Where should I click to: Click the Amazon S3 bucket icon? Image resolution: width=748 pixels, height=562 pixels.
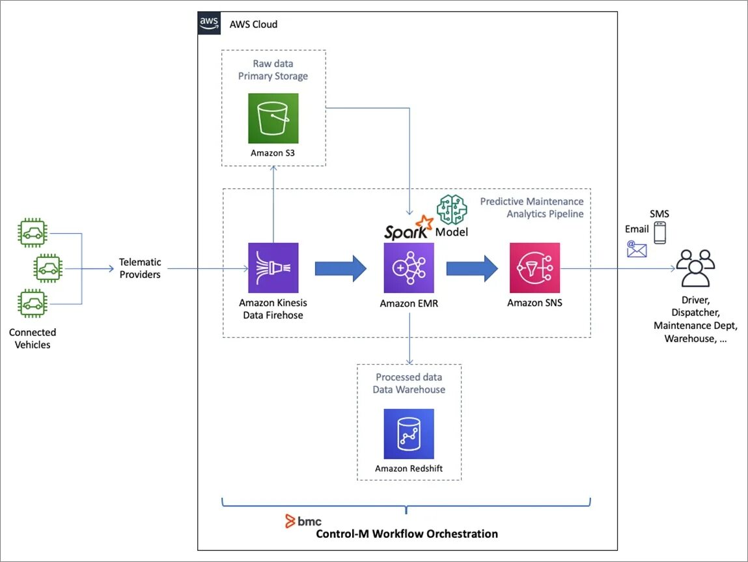(x=273, y=119)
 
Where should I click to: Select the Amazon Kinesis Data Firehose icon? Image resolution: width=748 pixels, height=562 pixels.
(x=273, y=268)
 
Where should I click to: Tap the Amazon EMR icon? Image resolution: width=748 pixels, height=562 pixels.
(x=409, y=268)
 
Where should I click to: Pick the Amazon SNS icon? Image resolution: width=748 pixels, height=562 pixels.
(x=534, y=268)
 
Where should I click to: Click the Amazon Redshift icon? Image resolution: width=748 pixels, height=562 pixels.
(x=409, y=434)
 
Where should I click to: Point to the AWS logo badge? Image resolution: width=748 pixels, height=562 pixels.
(x=209, y=23)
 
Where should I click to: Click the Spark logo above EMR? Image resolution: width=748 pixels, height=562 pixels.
(x=409, y=228)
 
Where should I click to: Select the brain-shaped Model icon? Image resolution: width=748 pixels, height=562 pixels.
(x=452, y=210)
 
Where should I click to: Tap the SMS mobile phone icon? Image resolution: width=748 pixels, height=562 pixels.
(x=659, y=233)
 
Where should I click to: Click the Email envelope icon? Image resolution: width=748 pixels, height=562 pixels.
(x=637, y=249)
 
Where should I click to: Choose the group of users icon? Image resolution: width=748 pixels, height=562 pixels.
(x=695, y=268)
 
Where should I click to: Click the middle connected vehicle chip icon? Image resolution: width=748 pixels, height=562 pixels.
(x=48, y=268)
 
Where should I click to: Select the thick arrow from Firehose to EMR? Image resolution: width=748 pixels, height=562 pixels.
(x=340, y=268)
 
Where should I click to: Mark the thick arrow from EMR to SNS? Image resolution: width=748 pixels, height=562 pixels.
(x=472, y=268)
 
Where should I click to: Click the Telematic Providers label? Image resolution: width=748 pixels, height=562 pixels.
(x=140, y=268)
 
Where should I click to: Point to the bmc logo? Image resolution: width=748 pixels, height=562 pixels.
(x=303, y=521)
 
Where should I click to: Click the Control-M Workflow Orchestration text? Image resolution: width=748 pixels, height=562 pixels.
(x=407, y=534)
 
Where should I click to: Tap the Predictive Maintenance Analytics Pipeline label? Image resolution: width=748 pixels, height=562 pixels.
(x=532, y=208)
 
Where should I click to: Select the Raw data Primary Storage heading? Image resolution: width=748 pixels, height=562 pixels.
(x=273, y=70)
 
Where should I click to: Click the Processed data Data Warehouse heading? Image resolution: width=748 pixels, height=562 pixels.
(x=409, y=383)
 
